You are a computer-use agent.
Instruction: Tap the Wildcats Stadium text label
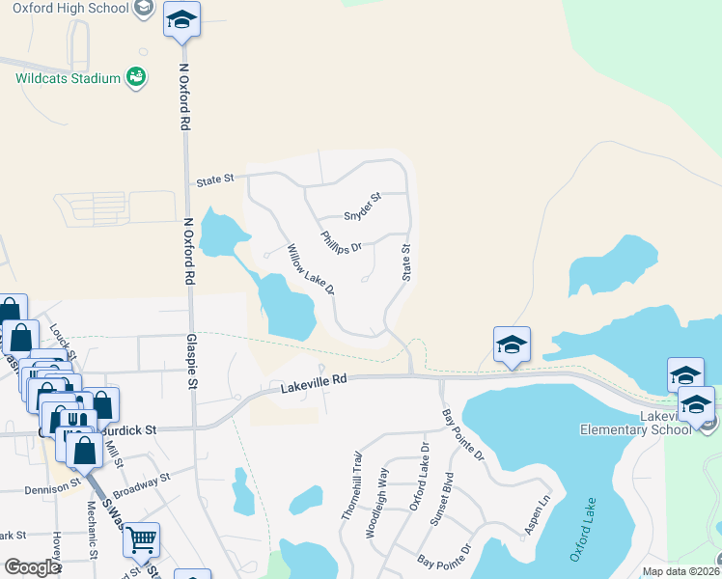(x=68, y=78)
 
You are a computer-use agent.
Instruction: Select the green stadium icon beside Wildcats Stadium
(x=136, y=76)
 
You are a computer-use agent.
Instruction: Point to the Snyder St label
(x=364, y=206)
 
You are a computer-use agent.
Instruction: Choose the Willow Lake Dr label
(x=311, y=269)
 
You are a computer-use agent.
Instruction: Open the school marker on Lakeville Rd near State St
(x=511, y=344)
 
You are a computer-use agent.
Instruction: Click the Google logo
(x=31, y=567)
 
